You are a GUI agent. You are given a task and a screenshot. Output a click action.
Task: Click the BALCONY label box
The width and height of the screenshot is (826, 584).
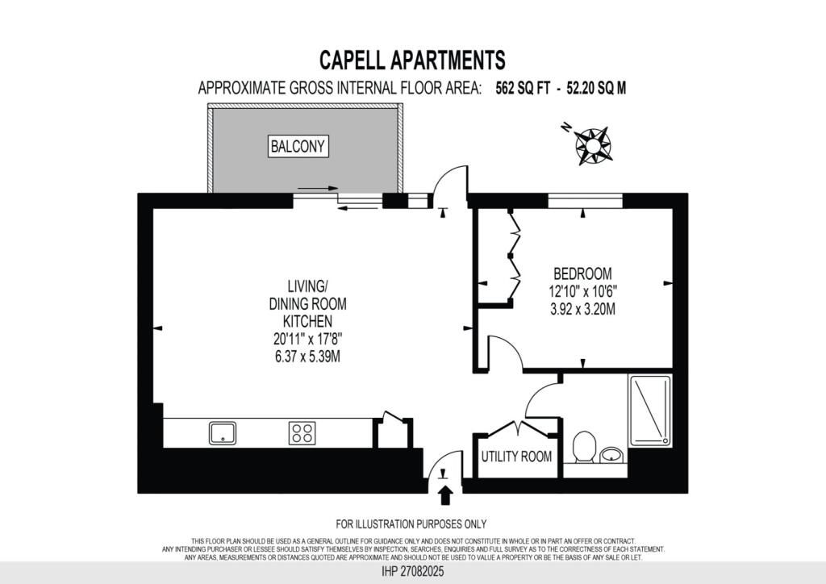click(x=299, y=146)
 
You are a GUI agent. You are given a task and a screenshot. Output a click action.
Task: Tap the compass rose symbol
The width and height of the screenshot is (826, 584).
click(x=593, y=144)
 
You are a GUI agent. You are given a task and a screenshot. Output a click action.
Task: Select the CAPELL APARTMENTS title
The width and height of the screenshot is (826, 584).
click(x=412, y=60)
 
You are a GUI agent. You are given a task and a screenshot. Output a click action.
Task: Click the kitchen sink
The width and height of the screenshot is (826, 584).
click(x=223, y=433)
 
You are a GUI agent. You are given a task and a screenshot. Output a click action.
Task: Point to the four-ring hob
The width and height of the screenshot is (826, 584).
click(x=302, y=433)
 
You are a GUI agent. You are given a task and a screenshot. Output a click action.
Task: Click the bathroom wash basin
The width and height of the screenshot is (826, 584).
click(x=612, y=457)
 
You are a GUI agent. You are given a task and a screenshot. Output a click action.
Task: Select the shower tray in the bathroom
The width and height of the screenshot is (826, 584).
click(x=649, y=412)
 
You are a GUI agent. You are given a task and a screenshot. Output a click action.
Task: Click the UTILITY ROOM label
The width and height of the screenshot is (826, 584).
click(x=517, y=457)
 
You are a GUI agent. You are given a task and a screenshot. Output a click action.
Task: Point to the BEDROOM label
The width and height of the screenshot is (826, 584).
click(x=582, y=273)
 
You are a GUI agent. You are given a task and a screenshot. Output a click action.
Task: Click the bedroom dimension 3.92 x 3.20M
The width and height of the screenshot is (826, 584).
click(x=582, y=307)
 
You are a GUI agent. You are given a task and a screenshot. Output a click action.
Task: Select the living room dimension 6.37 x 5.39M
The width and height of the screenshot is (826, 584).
click(x=307, y=356)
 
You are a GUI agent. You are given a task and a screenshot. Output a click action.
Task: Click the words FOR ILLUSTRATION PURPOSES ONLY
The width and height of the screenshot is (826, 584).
click(x=411, y=524)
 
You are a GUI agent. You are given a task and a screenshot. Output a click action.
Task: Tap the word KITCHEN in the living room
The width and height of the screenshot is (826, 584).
click(x=307, y=321)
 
